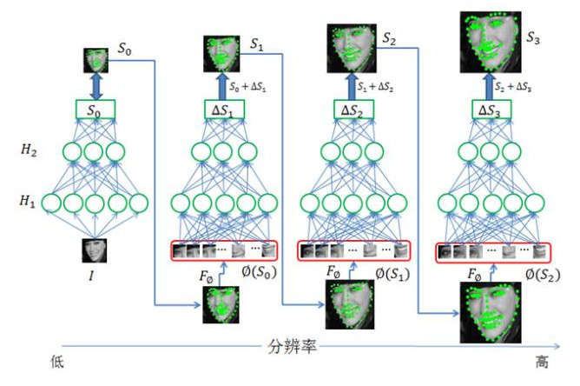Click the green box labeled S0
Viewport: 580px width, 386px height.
96,111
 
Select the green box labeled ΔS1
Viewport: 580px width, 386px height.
223,110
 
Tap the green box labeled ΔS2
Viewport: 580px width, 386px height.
352,110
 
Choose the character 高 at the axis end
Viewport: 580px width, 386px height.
543,358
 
